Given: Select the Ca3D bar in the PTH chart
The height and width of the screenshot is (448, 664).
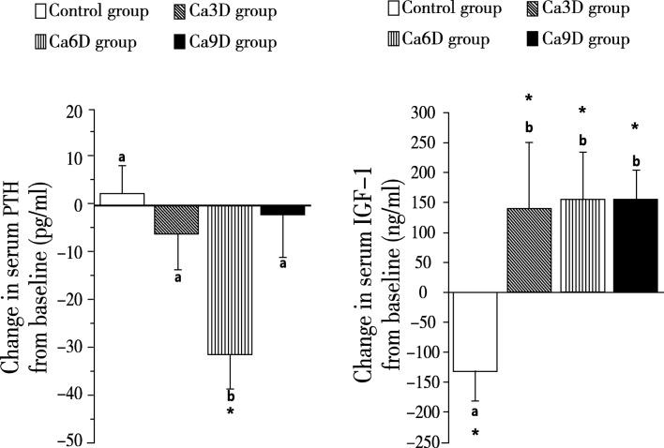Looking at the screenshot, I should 175,219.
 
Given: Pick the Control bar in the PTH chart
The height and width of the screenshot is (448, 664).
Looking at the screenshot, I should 121,199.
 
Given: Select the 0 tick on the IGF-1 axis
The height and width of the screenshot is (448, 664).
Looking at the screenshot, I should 443,292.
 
